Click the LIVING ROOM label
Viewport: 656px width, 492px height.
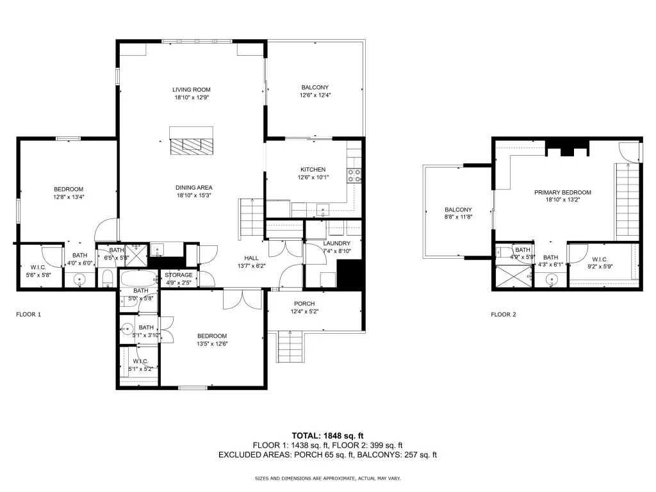coord(191,90)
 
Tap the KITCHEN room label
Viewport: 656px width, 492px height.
coord(313,169)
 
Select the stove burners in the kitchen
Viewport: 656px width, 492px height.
coord(354,176)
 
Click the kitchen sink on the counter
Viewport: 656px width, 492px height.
coord(323,209)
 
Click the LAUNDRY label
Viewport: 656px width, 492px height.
coord(337,243)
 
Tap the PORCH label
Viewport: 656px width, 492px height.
coord(304,304)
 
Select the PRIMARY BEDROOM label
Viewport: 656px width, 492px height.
coord(562,192)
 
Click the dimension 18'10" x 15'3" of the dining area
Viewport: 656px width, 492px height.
coord(193,195)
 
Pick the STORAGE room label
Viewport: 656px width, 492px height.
coord(179,275)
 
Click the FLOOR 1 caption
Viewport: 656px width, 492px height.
coord(28,314)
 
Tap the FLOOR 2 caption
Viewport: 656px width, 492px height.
coord(504,314)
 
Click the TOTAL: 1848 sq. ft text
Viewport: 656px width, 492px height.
coord(327,436)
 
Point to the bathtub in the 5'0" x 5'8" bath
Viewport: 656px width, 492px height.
coord(138,278)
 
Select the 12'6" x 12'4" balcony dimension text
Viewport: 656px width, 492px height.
coord(315,95)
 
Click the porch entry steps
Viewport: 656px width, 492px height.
coord(290,347)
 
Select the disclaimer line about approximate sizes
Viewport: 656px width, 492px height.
coord(327,478)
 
